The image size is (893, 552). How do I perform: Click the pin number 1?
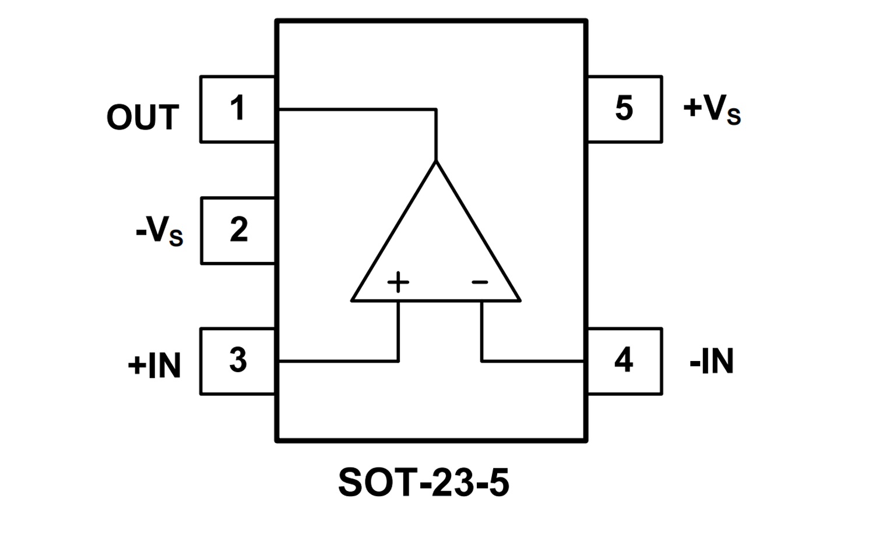237,109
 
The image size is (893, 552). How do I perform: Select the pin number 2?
238,230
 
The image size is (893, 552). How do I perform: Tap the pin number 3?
238,360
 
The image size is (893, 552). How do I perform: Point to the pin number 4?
624,360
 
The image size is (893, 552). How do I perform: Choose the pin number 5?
624,108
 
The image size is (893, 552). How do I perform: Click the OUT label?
142,118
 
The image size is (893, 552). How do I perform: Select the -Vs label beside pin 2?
159,231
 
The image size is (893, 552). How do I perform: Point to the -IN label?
711,362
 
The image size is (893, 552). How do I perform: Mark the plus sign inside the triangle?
398,282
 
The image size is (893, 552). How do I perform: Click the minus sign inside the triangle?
480,283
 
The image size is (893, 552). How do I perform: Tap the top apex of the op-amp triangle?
435,162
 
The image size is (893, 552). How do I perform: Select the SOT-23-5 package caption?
424,483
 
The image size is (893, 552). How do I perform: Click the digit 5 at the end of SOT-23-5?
499,483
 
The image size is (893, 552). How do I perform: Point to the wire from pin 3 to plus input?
338,362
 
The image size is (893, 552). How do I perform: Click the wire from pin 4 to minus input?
530,362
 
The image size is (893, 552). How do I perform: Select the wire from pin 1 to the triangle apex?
356,109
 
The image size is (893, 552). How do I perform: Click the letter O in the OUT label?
119,118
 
